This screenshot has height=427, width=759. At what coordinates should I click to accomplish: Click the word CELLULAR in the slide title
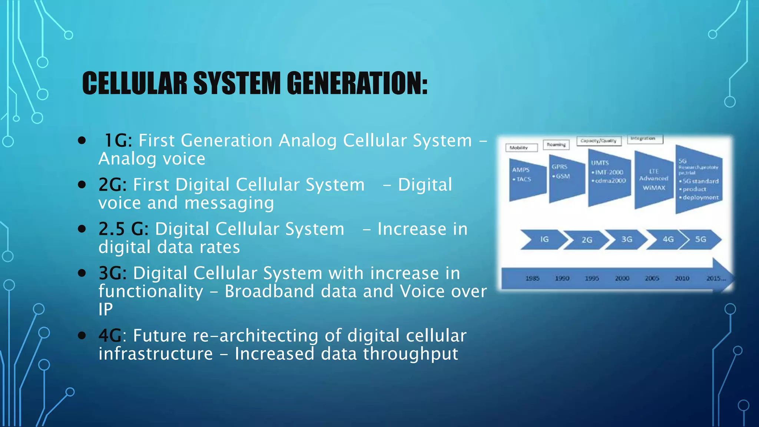(x=135, y=83)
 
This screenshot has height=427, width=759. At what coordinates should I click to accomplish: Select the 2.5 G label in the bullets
(x=121, y=229)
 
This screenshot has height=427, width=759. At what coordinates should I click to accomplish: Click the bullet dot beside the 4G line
(x=82, y=335)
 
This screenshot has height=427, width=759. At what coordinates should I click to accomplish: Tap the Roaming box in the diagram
(x=556, y=145)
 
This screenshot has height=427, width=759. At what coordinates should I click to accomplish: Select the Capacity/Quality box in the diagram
(x=598, y=141)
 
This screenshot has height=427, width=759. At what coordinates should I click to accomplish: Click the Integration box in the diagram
(x=644, y=139)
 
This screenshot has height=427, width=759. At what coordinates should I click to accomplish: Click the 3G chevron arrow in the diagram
(x=626, y=239)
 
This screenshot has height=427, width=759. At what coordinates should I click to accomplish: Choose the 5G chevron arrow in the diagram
(x=700, y=239)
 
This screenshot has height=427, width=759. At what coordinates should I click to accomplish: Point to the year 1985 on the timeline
(x=532, y=278)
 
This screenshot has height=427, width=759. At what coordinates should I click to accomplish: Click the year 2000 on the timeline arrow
(x=622, y=278)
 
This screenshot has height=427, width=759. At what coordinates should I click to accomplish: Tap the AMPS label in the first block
(x=521, y=170)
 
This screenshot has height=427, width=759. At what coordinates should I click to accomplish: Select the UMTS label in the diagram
(x=600, y=163)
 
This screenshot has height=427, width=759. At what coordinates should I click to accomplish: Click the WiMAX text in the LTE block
(x=654, y=188)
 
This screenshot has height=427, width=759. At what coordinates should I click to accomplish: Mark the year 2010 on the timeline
(x=682, y=278)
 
